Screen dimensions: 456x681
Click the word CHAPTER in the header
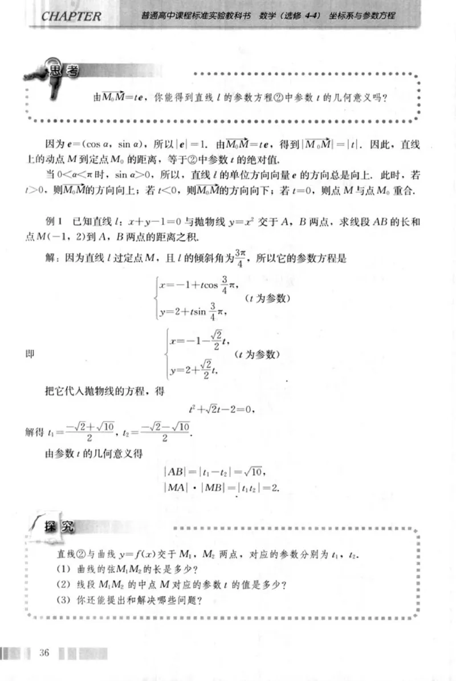point(71,16)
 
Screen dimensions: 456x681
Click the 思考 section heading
point(64,71)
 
